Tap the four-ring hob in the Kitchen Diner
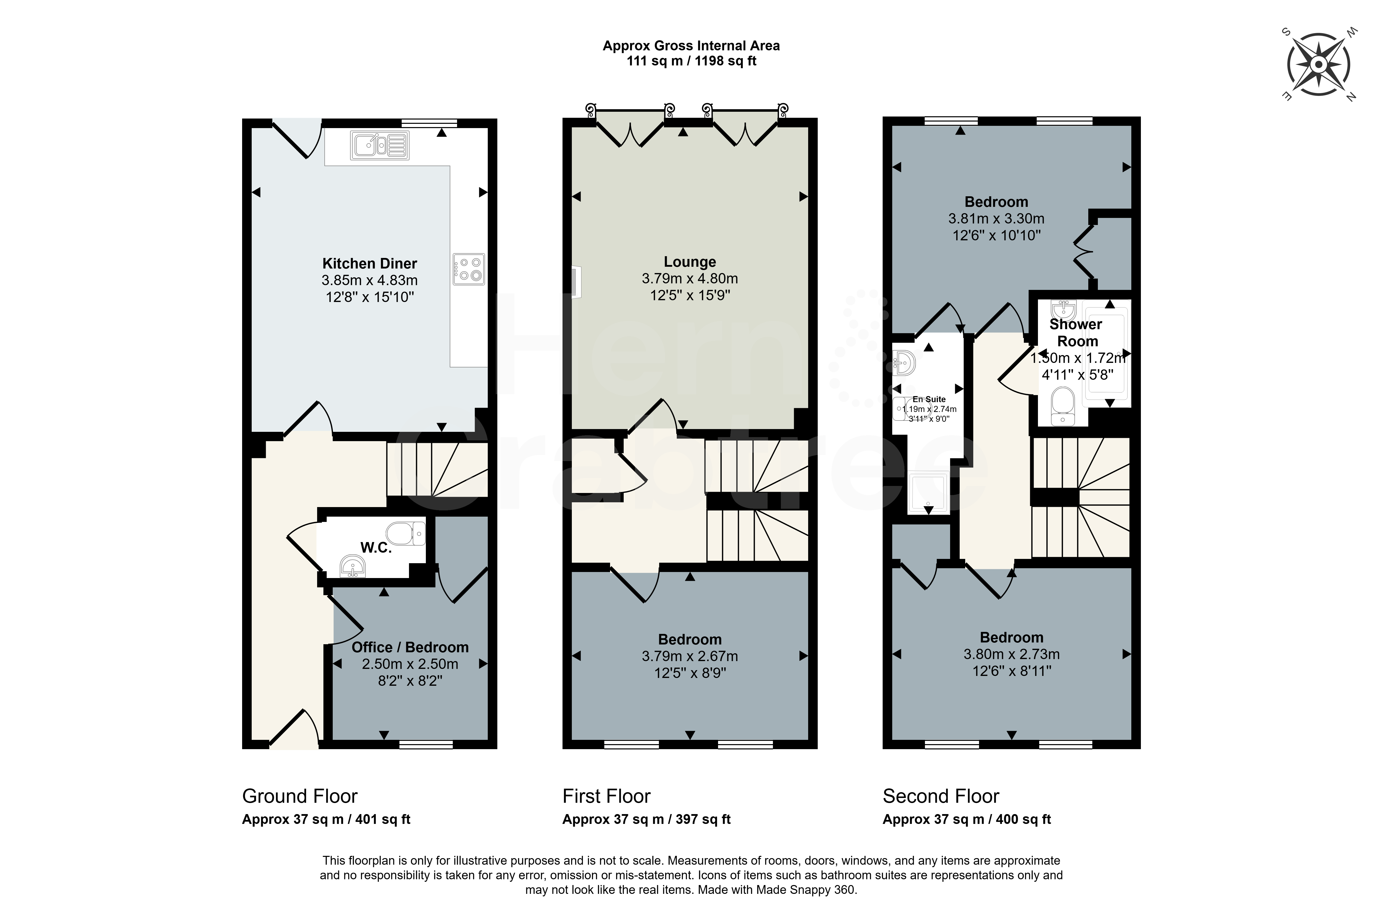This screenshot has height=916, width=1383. point(469,269)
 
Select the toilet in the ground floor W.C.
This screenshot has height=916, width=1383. point(405,533)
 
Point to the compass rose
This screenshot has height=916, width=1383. point(1319,64)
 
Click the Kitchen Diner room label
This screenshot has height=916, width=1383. point(370,263)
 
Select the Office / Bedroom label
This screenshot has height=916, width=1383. point(410,647)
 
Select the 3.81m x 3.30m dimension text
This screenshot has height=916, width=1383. point(996,218)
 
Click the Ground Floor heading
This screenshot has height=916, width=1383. point(300,796)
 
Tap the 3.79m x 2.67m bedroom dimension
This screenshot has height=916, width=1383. point(690,656)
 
